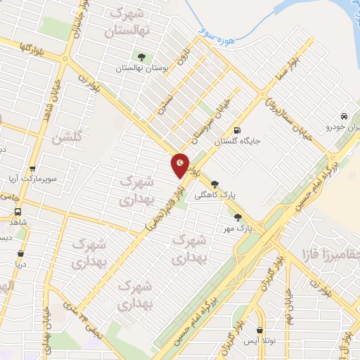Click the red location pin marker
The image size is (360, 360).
tap(181, 165)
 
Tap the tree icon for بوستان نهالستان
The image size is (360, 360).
tap(142, 57)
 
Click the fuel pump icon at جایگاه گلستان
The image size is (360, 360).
tap(238, 130)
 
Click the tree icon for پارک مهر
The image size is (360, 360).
tap(238, 217)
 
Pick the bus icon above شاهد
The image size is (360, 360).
tap(17, 211)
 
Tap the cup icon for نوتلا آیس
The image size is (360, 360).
tap(260, 330)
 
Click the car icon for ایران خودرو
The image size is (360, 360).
tap(343, 117)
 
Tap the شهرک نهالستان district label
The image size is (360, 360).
tap(127, 22)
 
